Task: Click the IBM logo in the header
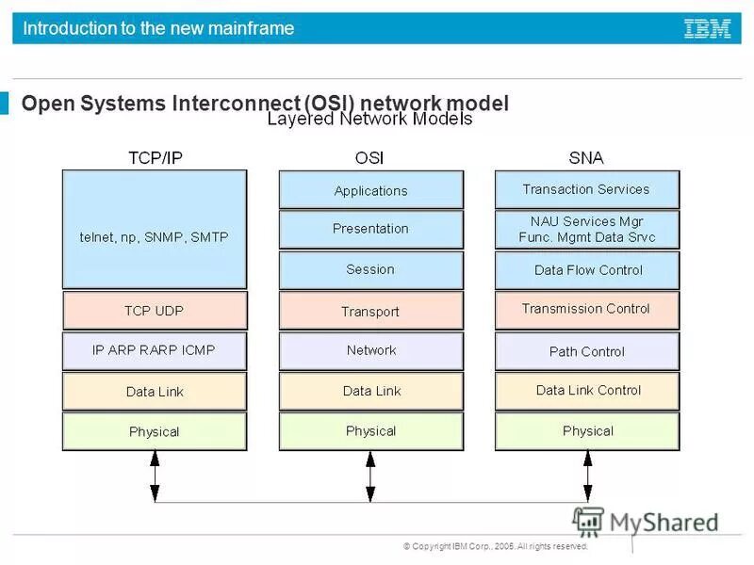707,28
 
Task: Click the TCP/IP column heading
155,157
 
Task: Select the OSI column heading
370,157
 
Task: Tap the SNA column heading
586,157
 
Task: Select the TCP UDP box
155,310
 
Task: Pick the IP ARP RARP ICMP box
155,350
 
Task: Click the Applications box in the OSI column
370,189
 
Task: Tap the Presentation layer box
370,229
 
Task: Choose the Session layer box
370,269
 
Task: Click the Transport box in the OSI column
370,311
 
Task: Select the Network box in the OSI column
370,350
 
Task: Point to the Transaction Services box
586,189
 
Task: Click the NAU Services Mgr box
586,229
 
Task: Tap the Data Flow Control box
586,269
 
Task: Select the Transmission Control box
586,310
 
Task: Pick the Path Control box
586,351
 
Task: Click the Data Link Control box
586,391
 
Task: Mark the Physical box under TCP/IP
155,431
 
